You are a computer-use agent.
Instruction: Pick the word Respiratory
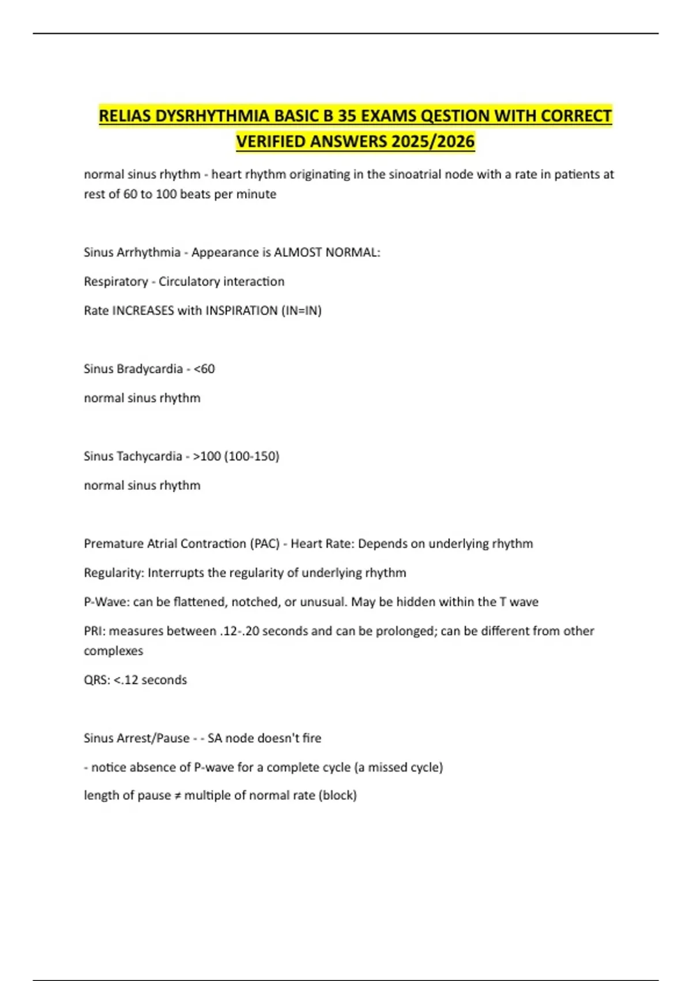pyautogui.click(x=116, y=282)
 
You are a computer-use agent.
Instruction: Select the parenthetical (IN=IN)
pyautogui.click(x=302, y=310)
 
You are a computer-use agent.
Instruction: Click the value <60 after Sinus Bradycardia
pyautogui.click(x=204, y=369)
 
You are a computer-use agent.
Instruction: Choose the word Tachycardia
pyautogui.click(x=149, y=456)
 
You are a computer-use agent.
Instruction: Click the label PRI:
pyautogui.click(x=95, y=631)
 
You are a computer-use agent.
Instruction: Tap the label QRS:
pyautogui.click(x=97, y=680)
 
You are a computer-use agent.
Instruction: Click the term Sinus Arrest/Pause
pyautogui.click(x=137, y=738)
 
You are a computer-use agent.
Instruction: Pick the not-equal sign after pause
pyautogui.click(x=178, y=796)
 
